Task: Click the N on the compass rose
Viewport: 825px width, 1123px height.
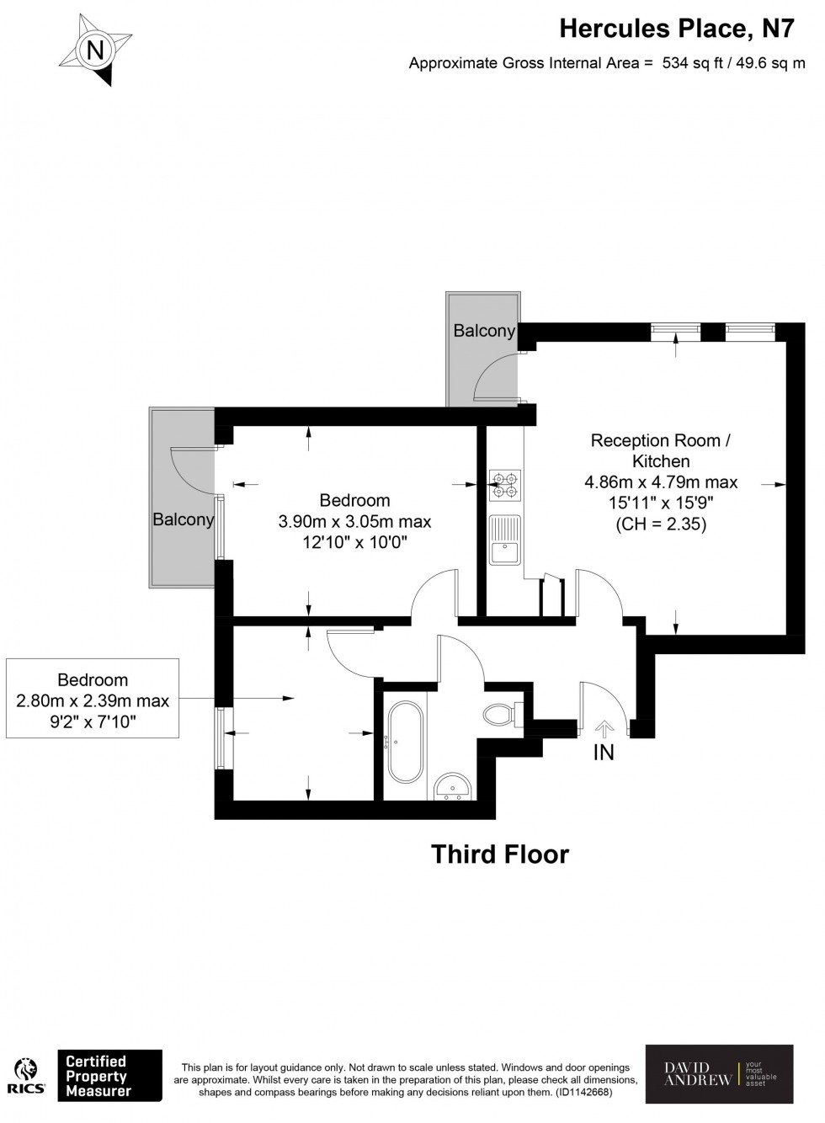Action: click(95, 51)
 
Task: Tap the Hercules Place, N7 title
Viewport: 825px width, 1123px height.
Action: click(677, 29)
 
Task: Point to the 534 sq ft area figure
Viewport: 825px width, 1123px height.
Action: click(692, 63)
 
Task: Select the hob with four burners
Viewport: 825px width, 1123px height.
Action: click(505, 485)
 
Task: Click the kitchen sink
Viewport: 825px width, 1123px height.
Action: click(505, 540)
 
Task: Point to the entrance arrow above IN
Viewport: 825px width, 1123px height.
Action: click(604, 729)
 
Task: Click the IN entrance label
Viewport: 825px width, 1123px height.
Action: click(604, 753)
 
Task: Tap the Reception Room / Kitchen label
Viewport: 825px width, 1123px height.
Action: click(661, 450)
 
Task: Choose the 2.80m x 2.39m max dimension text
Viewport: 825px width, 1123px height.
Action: click(93, 700)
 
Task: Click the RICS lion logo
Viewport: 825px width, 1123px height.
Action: click(27, 1074)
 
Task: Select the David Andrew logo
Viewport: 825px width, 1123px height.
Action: click(719, 1072)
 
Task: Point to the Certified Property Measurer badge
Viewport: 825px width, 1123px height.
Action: click(109, 1074)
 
